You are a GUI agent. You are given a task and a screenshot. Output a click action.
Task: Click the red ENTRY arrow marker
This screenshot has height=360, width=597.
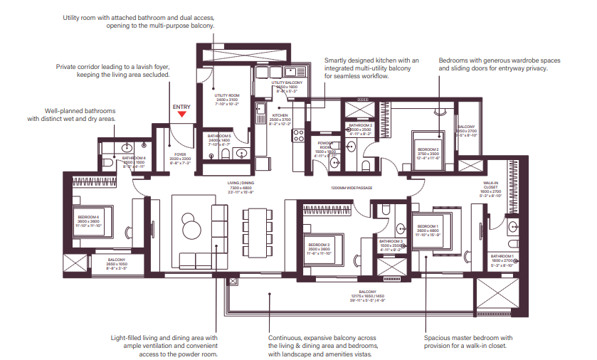tap(182, 113)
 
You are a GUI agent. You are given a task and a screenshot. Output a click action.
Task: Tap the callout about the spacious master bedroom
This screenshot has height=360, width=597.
tap(467, 342)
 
